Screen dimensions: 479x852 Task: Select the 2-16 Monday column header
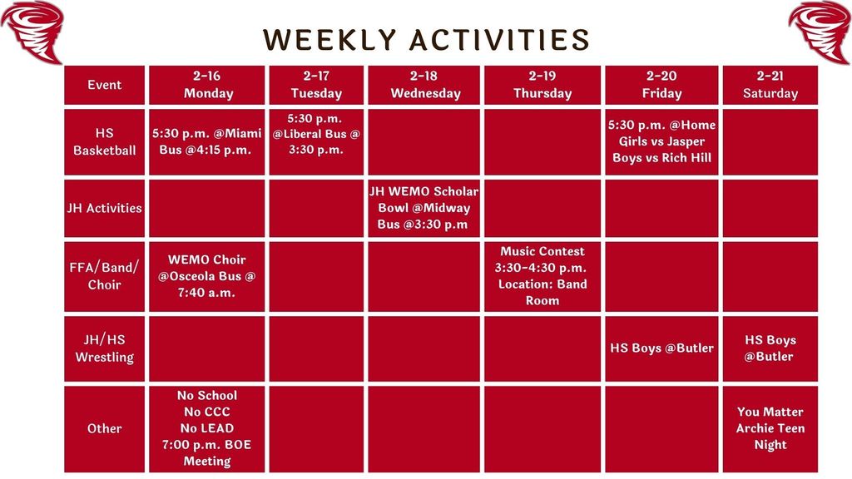[208, 85]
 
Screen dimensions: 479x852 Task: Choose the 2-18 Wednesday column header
[424, 85]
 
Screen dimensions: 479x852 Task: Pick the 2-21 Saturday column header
[770, 85]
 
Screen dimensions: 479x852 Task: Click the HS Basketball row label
[104, 141]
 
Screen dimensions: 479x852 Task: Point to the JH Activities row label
[104, 208]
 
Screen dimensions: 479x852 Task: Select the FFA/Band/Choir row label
[104, 276]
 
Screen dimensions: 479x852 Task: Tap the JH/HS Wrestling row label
[104, 348]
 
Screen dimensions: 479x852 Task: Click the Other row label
[104, 428]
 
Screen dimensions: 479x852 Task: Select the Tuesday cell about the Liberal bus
[316, 134]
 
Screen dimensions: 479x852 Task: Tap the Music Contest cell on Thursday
[542, 275]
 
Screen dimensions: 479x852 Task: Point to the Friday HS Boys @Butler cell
[661, 348]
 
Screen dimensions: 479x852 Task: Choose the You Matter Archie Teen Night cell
[770, 428]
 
